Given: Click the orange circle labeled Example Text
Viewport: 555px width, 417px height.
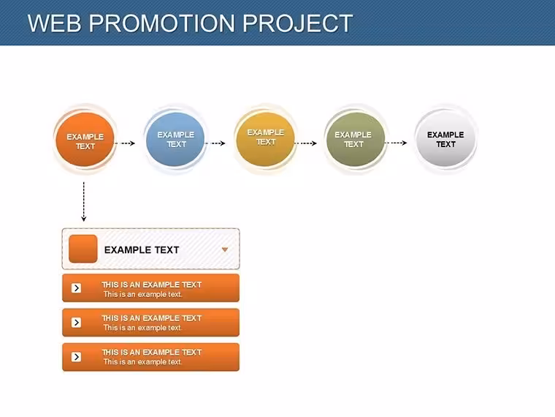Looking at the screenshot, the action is [85, 139].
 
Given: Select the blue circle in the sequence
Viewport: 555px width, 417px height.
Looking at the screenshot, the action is [175, 139].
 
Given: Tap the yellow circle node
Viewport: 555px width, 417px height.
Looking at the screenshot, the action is [266, 139].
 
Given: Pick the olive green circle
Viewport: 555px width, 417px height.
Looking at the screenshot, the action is [356, 139].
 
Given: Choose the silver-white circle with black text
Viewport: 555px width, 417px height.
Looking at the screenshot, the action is [445, 138].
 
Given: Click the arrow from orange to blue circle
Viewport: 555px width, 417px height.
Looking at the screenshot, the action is [125, 143].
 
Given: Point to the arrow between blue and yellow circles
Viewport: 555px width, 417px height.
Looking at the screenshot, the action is [215, 143].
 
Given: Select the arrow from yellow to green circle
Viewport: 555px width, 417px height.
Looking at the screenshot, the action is [305, 143].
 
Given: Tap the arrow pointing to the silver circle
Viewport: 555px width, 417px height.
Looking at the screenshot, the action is [396, 143].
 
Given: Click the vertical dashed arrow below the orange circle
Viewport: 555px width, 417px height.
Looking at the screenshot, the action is [83, 201].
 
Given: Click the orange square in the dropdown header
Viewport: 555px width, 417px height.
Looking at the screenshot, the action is [83, 249].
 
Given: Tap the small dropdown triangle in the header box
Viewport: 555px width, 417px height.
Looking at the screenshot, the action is [224, 249].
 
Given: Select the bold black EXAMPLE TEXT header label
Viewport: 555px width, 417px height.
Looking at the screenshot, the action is [142, 250].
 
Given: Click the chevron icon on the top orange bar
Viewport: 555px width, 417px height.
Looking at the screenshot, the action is [76, 288].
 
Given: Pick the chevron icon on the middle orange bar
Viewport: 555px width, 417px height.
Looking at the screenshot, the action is [76, 323].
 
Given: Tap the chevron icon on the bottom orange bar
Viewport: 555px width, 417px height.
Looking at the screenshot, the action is [76, 357].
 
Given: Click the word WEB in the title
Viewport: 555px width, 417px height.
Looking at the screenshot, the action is [55, 23].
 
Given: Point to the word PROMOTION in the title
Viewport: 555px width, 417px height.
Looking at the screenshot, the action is [162, 23].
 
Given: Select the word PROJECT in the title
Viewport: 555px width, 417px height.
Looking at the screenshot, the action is [297, 23].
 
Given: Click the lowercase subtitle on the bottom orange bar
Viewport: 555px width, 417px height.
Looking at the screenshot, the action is [142, 362].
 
